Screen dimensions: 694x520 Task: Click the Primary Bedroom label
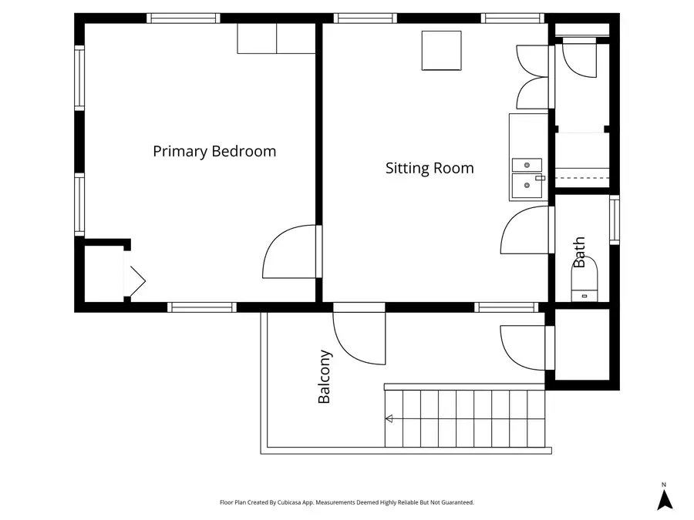click(x=214, y=151)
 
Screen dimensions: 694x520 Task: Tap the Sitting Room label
click(x=430, y=168)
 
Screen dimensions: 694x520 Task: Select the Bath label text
click(x=579, y=252)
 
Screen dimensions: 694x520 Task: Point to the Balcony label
click(x=325, y=377)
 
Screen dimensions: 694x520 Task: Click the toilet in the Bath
click(x=585, y=282)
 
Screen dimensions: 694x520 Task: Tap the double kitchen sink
click(x=527, y=179)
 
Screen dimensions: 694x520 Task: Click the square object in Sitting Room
click(x=441, y=50)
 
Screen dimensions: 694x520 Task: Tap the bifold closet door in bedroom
click(x=137, y=280)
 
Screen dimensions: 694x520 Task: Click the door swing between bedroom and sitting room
click(x=289, y=252)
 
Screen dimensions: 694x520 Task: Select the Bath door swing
click(x=525, y=230)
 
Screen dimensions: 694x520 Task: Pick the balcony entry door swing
click(x=359, y=339)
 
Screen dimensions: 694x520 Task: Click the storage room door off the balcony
click(x=524, y=348)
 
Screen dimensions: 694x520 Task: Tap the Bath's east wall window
click(x=615, y=220)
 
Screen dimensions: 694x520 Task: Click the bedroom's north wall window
click(x=184, y=18)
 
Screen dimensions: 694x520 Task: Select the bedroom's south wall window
click(x=202, y=307)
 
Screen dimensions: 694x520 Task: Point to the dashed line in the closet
click(x=582, y=178)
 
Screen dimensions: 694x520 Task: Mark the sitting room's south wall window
click(x=507, y=307)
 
